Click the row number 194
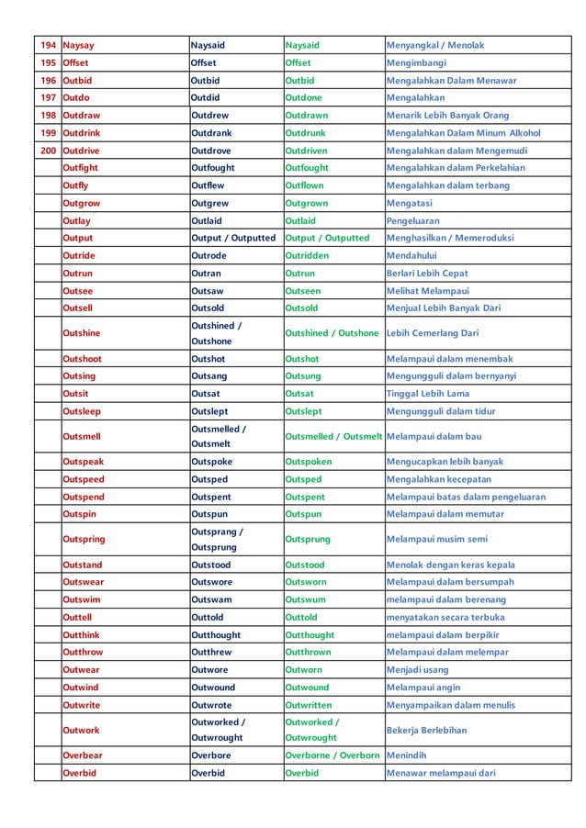click(x=48, y=45)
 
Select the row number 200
click(x=48, y=151)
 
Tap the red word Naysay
click(x=78, y=45)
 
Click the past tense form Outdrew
click(x=209, y=116)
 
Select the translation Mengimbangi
click(x=416, y=63)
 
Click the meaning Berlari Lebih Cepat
click(x=427, y=273)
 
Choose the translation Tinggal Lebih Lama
click(x=427, y=394)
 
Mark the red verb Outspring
click(x=84, y=539)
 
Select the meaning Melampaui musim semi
click(x=436, y=539)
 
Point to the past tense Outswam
click(x=210, y=599)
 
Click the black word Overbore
click(x=210, y=755)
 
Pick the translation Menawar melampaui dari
click(x=441, y=773)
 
